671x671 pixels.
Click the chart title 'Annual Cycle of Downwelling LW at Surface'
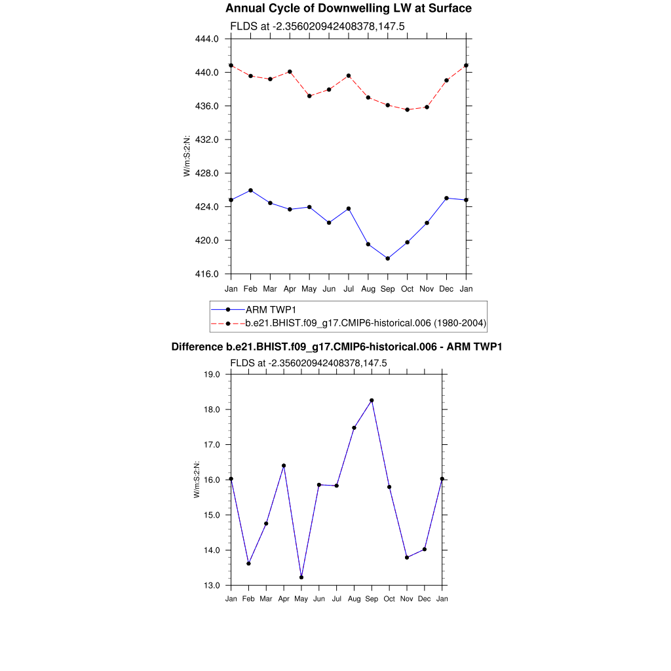(348, 9)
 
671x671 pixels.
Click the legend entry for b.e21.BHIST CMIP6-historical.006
(366, 323)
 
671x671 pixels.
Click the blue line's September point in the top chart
(388, 258)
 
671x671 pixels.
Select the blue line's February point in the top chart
(250, 190)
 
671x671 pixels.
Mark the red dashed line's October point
(408, 109)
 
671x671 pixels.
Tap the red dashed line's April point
(290, 71)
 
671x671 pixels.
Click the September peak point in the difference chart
(372, 400)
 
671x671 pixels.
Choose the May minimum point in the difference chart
(301, 577)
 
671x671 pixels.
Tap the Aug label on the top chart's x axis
(368, 289)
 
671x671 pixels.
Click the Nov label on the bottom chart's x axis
(407, 599)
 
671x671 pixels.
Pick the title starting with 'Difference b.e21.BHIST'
(336, 347)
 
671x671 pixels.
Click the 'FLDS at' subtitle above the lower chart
(309, 363)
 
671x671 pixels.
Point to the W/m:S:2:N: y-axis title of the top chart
(187, 156)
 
